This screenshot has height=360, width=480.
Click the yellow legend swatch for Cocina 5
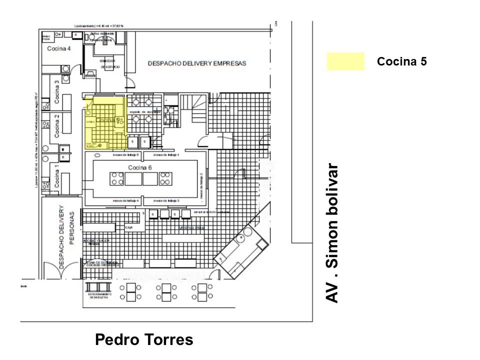(345, 61)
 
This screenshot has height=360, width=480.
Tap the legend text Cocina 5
(402, 61)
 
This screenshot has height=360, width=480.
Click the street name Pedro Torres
(144, 340)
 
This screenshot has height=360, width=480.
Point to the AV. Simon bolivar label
(332, 233)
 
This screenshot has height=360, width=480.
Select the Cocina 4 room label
(59, 48)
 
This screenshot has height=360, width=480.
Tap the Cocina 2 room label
(57, 126)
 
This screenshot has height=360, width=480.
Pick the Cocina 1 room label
(57, 178)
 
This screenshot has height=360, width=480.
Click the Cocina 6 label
(139, 167)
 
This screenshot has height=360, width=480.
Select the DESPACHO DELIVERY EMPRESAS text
(197, 63)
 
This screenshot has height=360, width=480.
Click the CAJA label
(128, 227)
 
